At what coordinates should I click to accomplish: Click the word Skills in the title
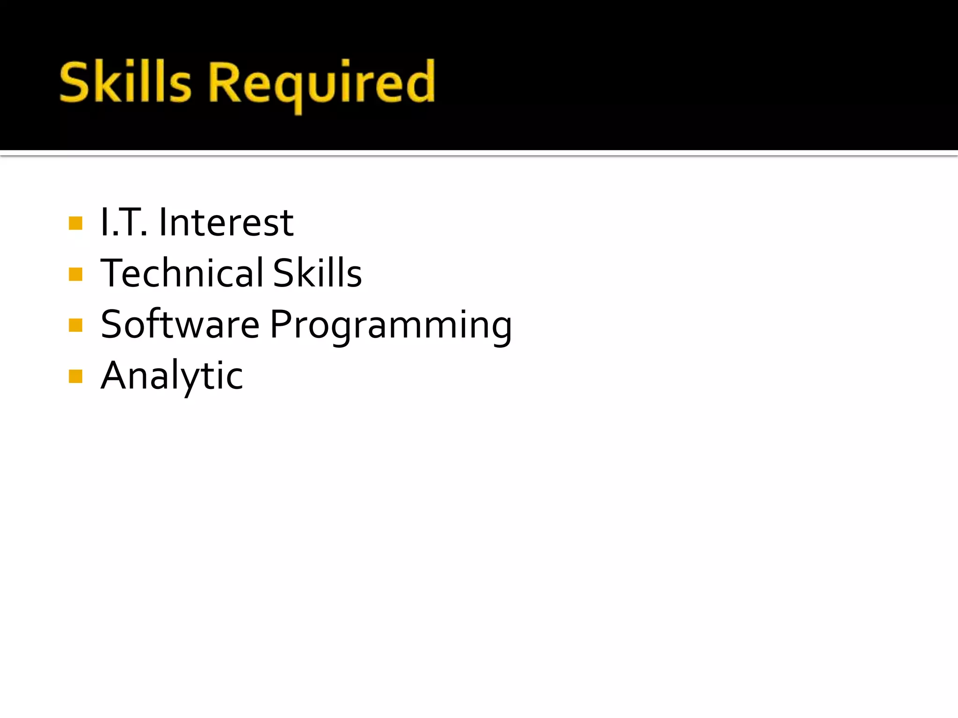(125, 83)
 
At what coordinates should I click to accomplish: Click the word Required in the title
(322, 84)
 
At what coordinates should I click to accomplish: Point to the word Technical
(182, 273)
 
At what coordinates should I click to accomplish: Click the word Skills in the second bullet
(318, 273)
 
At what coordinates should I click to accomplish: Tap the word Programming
(391, 326)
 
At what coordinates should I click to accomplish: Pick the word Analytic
(172, 376)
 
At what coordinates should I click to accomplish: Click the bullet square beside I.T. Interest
(75, 223)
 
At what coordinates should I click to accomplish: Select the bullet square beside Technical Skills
(75, 274)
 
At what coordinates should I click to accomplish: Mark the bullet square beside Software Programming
(75, 325)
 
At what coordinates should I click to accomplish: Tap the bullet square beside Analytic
(75, 376)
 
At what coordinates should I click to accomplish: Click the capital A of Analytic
(115, 375)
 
